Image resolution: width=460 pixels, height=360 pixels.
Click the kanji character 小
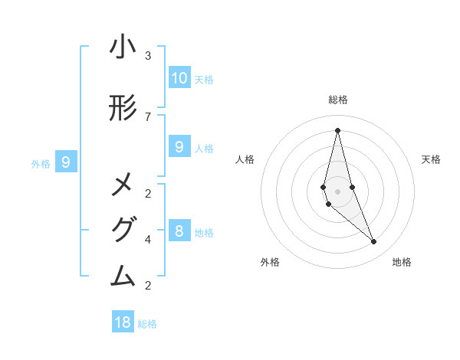(123, 47)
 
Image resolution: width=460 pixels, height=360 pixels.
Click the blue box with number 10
(179, 78)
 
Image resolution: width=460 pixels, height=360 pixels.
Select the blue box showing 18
(123, 322)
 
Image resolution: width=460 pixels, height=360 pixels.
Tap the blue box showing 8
(179, 231)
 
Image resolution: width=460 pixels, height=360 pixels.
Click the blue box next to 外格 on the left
(66, 162)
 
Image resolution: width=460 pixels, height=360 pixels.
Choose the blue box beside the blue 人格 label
(179, 147)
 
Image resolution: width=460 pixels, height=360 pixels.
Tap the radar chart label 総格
(337, 100)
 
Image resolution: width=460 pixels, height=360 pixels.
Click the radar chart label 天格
(431, 159)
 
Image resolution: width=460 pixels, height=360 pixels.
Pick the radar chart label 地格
(402, 262)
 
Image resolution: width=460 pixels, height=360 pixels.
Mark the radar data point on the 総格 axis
(337, 129)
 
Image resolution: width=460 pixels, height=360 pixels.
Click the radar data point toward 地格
(373, 241)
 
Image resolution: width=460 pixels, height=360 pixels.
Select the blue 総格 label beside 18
(147, 324)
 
